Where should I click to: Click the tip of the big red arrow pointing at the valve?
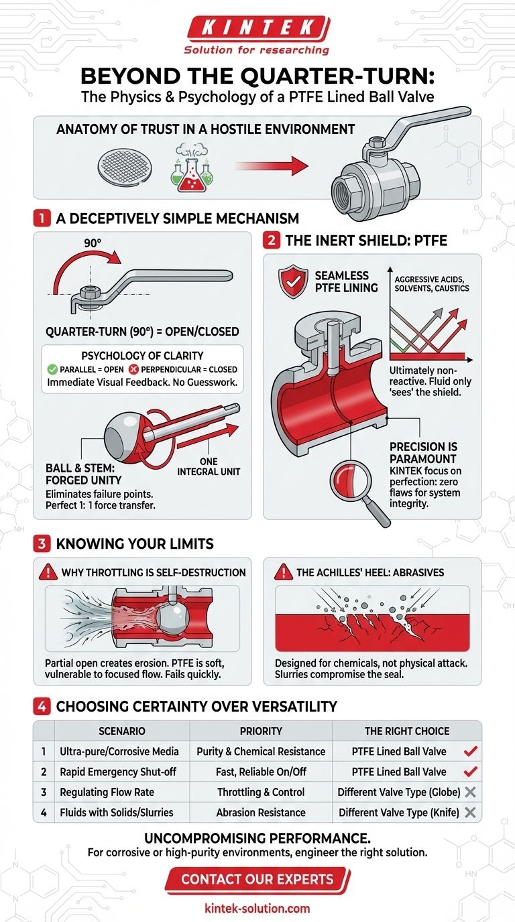pos(308,166)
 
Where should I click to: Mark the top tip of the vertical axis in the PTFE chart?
pos(390,267)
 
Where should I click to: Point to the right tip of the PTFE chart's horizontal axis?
pos(473,360)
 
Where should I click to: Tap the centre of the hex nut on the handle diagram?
pos(89,292)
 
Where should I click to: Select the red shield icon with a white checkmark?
pos(293,282)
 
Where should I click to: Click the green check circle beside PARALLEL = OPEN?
pos(52,369)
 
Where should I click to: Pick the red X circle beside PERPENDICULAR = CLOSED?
pos(134,369)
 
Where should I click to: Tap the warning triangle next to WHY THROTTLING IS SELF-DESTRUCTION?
pos(48,572)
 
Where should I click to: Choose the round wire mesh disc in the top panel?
pos(125,168)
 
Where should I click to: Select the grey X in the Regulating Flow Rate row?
pos(470,791)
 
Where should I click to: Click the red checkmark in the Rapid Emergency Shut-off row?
pos(470,771)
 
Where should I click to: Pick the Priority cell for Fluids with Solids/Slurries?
pos(261,812)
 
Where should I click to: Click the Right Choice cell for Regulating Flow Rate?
pos(406,792)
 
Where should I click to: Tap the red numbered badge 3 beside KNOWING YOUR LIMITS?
pos(42,543)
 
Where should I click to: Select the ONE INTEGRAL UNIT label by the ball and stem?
pos(209,466)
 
